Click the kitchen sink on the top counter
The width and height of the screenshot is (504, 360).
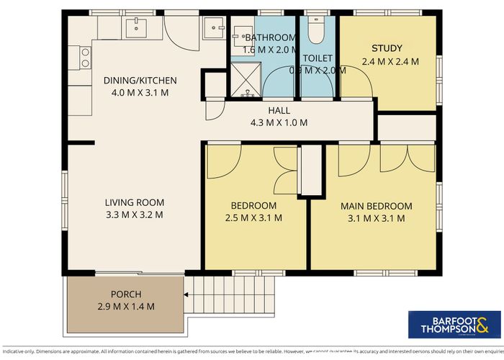(x=135, y=28)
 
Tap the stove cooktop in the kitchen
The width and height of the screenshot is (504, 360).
(x=84, y=57)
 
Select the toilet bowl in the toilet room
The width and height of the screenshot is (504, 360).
(x=315, y=30)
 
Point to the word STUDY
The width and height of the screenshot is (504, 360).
(x=387, y=49)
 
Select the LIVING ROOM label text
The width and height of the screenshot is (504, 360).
(x=134, y=202)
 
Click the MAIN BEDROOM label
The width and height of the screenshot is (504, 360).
(x=376, y=206)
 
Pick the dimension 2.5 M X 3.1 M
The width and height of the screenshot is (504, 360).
(x=253, y=217)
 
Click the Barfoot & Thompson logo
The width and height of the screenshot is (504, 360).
(x=444, y=324)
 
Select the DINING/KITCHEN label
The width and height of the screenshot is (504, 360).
(x=140, y=80)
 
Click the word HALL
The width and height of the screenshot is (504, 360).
(x=279, y=110)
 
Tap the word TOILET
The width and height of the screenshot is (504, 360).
(x=317, y=58)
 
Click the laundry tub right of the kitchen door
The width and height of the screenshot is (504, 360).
(x=214, y=28)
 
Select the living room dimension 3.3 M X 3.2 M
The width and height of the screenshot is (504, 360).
(x=134, y=215)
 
